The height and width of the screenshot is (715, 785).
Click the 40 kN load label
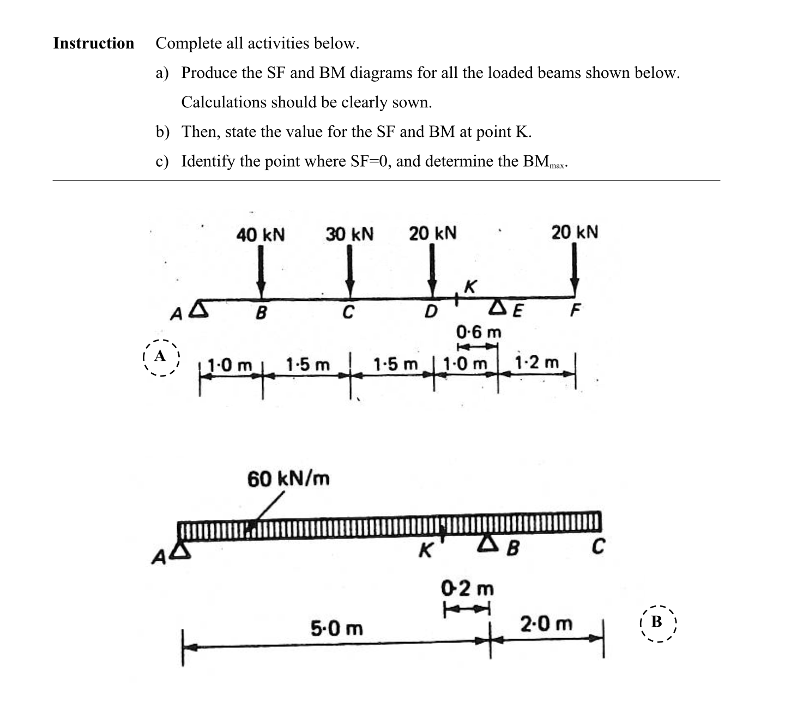(260, 235)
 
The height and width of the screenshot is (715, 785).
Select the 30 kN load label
(349, 235)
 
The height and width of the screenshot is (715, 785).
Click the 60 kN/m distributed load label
(288, 480)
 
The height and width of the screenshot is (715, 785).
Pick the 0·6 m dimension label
(479, 332)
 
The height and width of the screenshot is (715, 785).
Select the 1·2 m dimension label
(536, 362)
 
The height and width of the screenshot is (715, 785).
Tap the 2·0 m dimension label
(546, 623)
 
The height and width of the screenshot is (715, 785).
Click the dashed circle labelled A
(160, 357)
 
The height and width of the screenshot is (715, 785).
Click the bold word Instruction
(94, 44)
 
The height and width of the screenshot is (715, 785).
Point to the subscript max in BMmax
(558, 166)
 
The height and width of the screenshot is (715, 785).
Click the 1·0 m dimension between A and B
(231, 364)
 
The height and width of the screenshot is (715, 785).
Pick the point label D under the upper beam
(431, 313)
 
